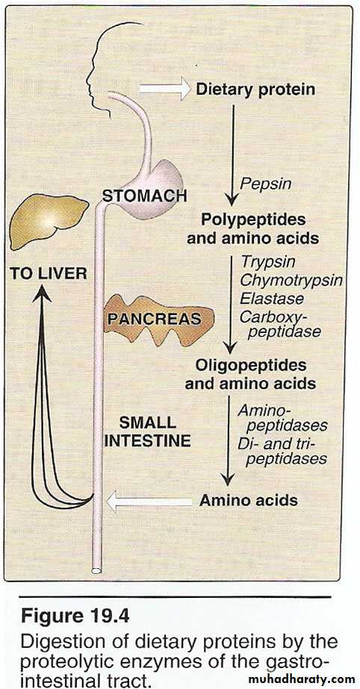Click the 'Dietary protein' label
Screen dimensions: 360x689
[255, 90]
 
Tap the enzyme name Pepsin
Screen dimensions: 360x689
[265, 183]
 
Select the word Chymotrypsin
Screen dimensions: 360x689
[291, 280]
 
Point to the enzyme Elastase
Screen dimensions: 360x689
[272, 299]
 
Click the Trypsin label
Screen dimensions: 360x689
[267, 262]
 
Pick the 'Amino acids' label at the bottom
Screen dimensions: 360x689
[249, 500]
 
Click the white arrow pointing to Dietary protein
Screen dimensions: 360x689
[165, 89]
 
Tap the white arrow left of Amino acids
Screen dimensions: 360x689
[149, 502]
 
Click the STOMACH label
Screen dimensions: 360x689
[145, 196]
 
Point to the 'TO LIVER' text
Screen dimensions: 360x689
[49, 274]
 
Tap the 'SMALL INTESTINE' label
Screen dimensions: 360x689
[148, 431]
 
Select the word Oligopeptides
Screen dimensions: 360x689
[251, 365]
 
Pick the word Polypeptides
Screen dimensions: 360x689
[253, 219]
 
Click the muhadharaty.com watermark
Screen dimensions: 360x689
[306, 679]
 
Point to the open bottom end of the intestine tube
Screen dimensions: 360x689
[96, 571]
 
